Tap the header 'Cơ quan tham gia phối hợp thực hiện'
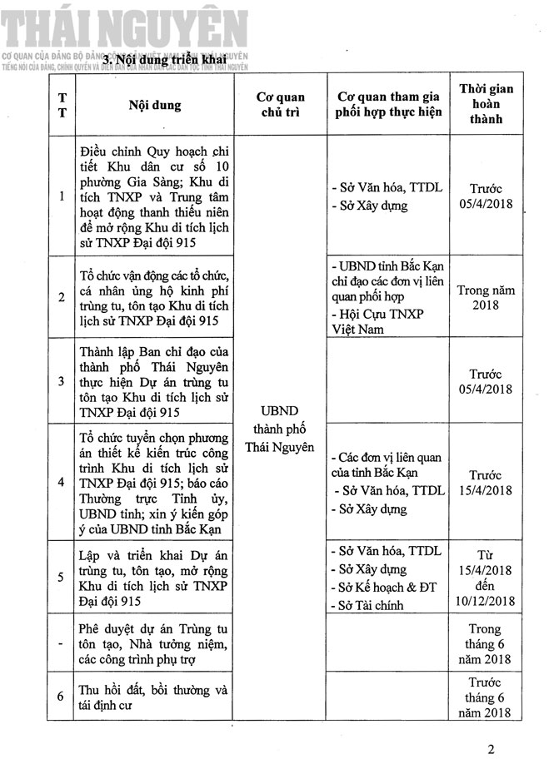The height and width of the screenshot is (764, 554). point(384,104)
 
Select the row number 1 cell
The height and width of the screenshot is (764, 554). point(62,196)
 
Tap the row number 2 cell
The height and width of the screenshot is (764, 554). point(62,296)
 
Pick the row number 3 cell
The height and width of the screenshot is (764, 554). point(62,380)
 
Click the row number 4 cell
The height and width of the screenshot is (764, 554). point(62,482)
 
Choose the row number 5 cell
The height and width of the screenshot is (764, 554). point(62,576)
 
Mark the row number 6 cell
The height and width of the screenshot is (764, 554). point(62,697)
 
